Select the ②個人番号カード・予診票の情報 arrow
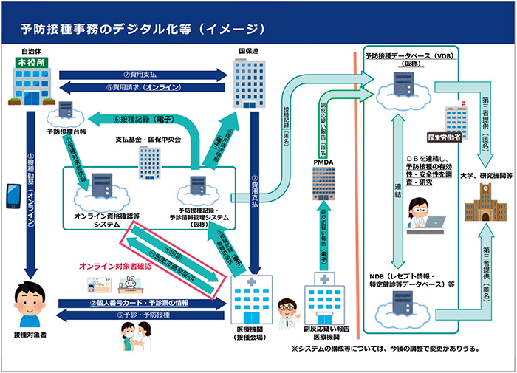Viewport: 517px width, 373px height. [x=140, y=303]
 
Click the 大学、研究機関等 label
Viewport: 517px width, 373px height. [x=484, y=177]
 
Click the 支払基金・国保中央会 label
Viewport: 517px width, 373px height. [x=148, y=140]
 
